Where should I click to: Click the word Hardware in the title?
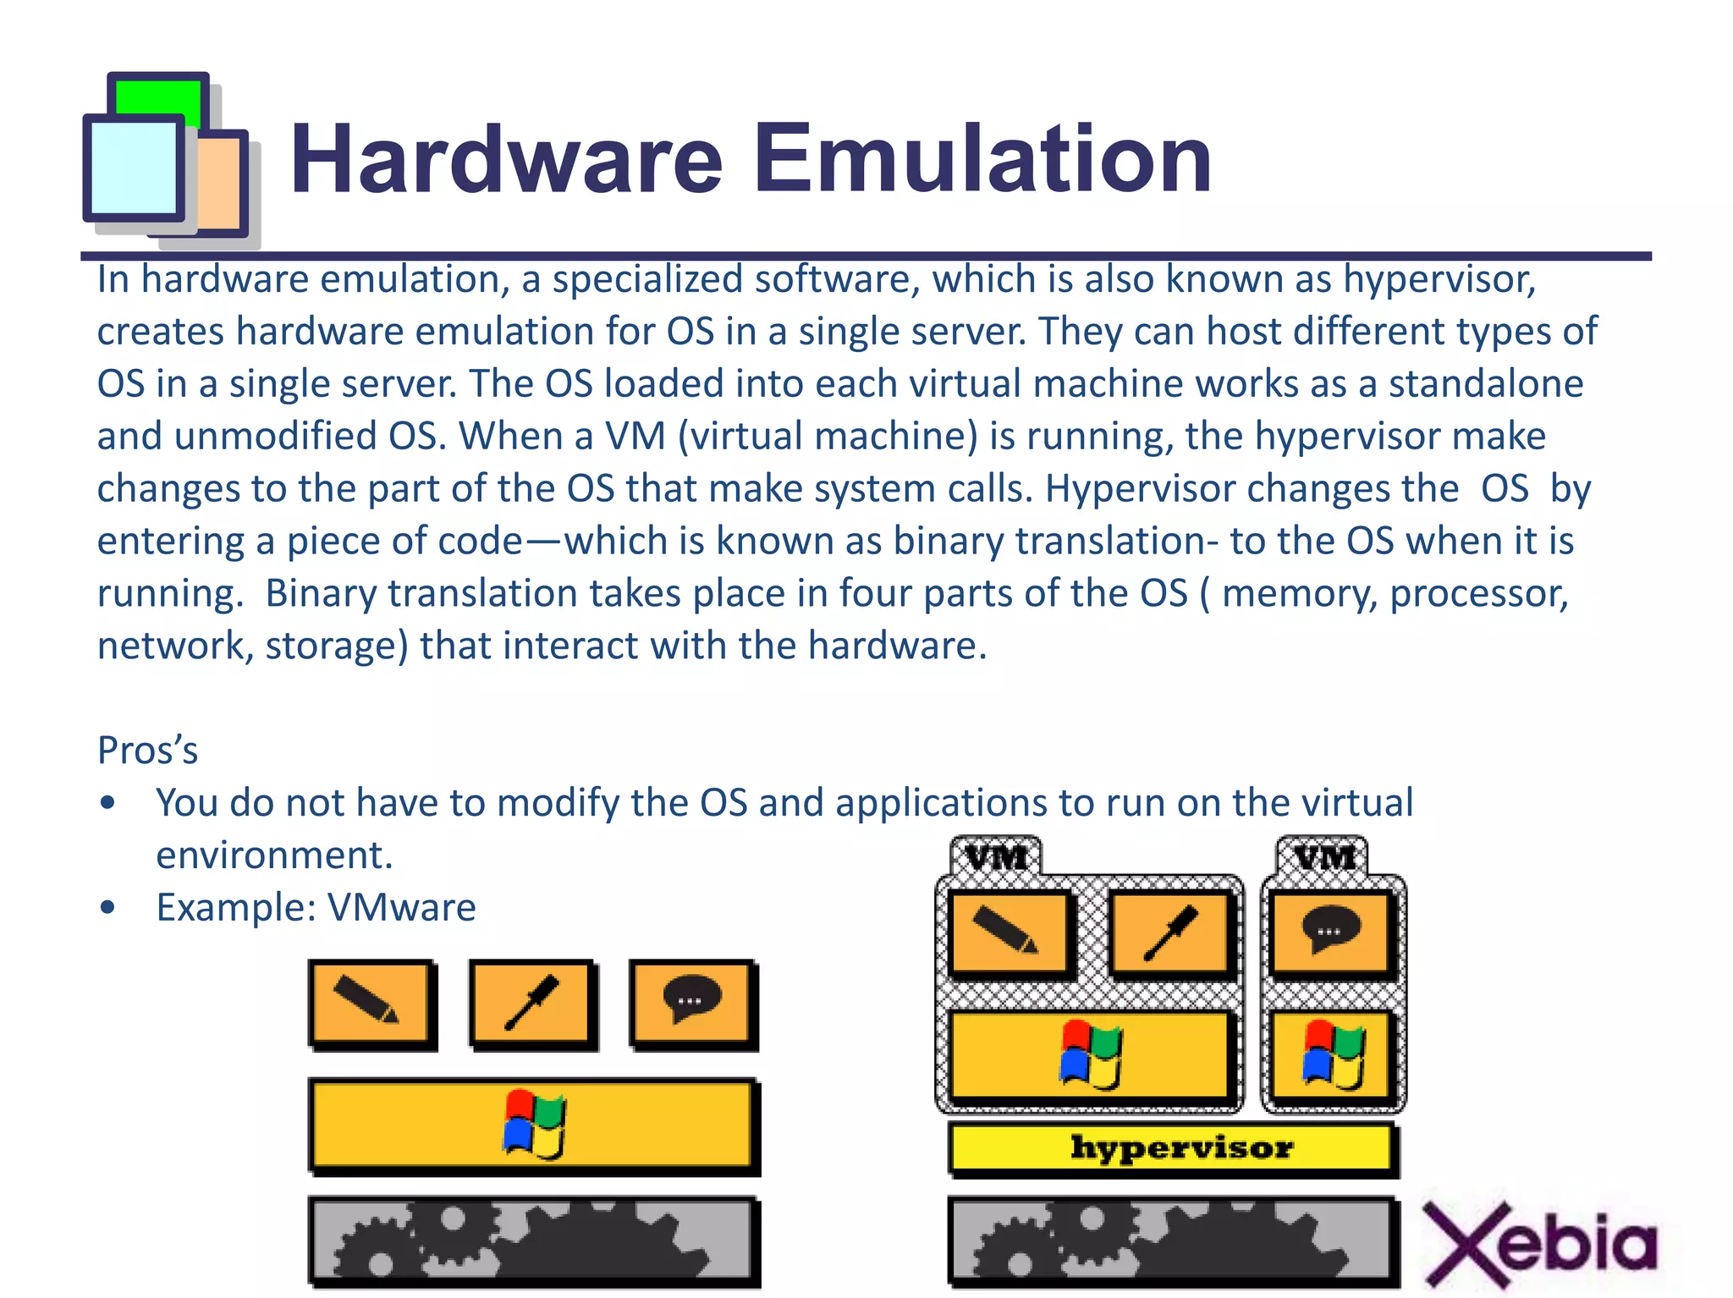506,159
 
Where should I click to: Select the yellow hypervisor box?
1173,1148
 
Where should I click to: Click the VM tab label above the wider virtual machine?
996,857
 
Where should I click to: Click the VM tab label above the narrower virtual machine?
1323,857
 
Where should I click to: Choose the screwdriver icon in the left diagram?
531,1004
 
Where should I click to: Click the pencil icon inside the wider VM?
1007,932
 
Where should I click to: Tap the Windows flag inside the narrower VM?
1332,1054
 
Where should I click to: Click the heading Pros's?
148,751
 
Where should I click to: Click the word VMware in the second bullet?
401,907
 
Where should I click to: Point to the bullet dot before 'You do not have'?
107,802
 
